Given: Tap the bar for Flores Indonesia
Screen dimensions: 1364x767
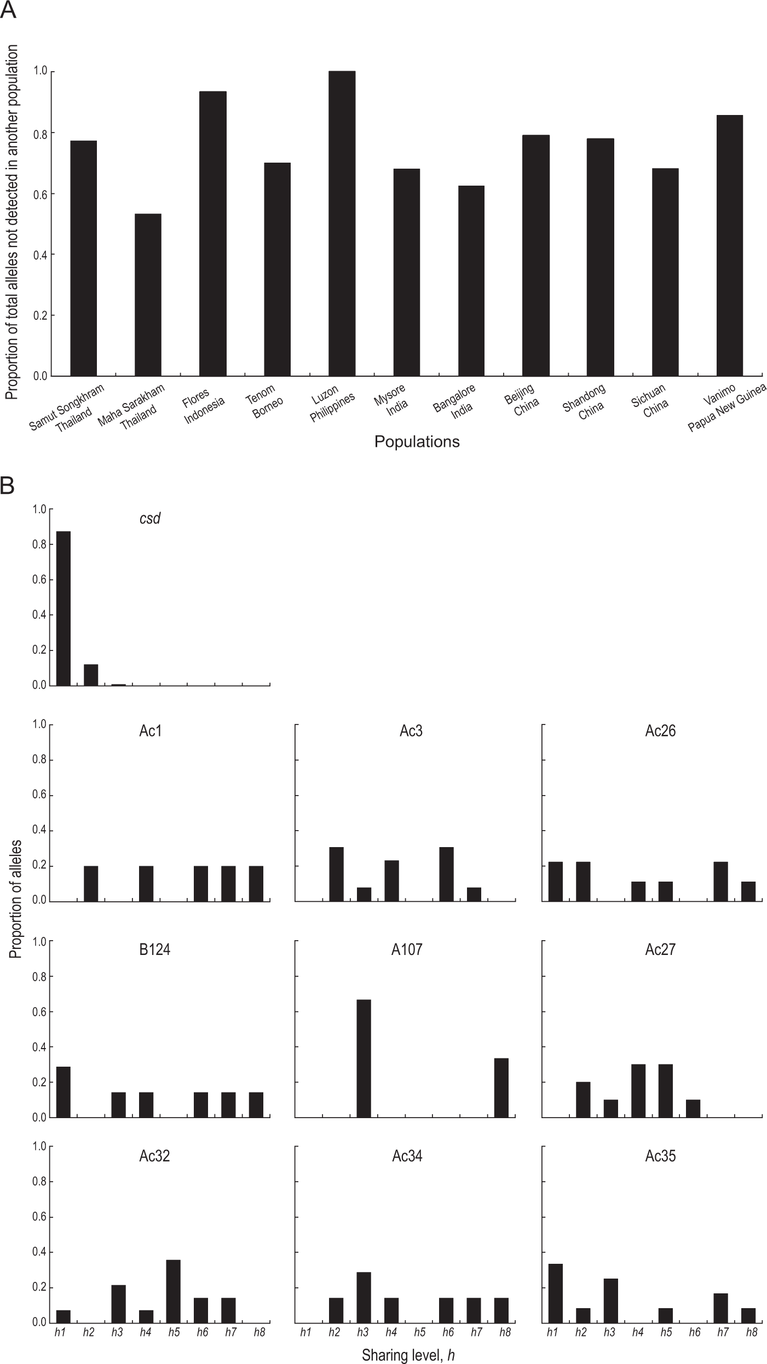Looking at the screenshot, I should coord(212,234).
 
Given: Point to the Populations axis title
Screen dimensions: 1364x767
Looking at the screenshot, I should coord(417,442).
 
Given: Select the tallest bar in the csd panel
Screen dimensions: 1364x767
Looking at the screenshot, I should coord(64,608).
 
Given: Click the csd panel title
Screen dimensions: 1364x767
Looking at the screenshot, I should coord(150,518).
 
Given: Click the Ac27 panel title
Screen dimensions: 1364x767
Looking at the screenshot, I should coord(660,949).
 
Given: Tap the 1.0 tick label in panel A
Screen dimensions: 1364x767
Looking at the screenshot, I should coord(41,72).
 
